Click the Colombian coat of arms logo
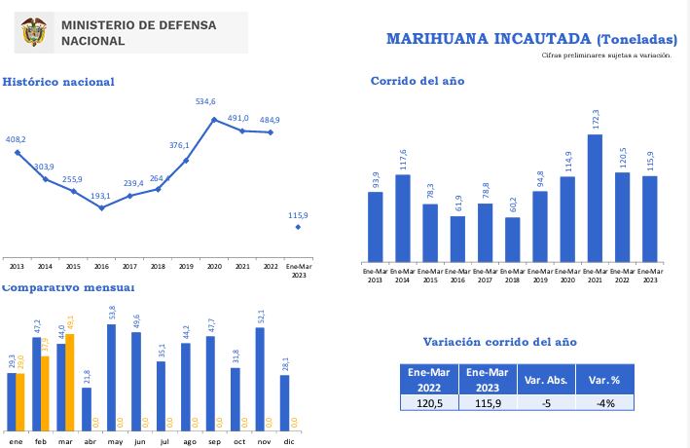pos(34,33)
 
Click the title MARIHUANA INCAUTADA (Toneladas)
pos(531,39)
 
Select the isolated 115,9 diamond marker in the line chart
pos(298,227)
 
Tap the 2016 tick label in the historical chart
pos(101,265)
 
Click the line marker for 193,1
pos(101,207)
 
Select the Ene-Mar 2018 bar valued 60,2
pos(512,240)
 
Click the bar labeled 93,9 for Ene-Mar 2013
pos(375,227)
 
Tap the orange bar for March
pos(69,382)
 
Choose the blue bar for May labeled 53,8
pos(112,377)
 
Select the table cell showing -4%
pos(604,402)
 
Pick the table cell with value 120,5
pos(429,402)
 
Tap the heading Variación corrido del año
pos(499,342)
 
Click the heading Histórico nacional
pos(58,82)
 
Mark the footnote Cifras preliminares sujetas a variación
pos(606,56)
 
